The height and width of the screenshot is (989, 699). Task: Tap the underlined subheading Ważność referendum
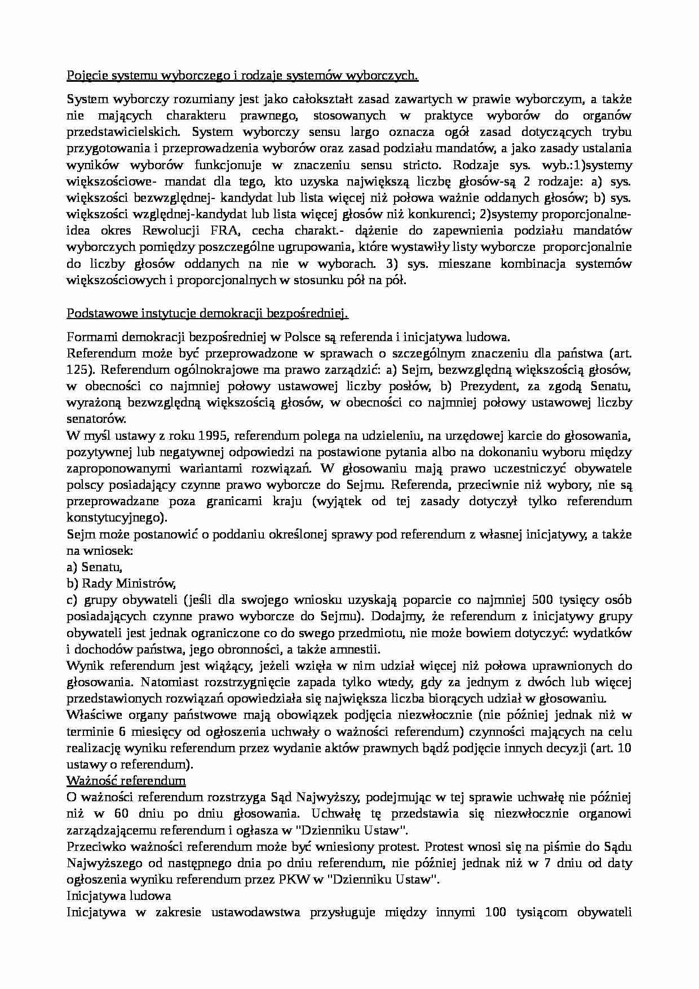click(126, 781)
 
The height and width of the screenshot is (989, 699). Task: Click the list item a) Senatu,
click(94, 567)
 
